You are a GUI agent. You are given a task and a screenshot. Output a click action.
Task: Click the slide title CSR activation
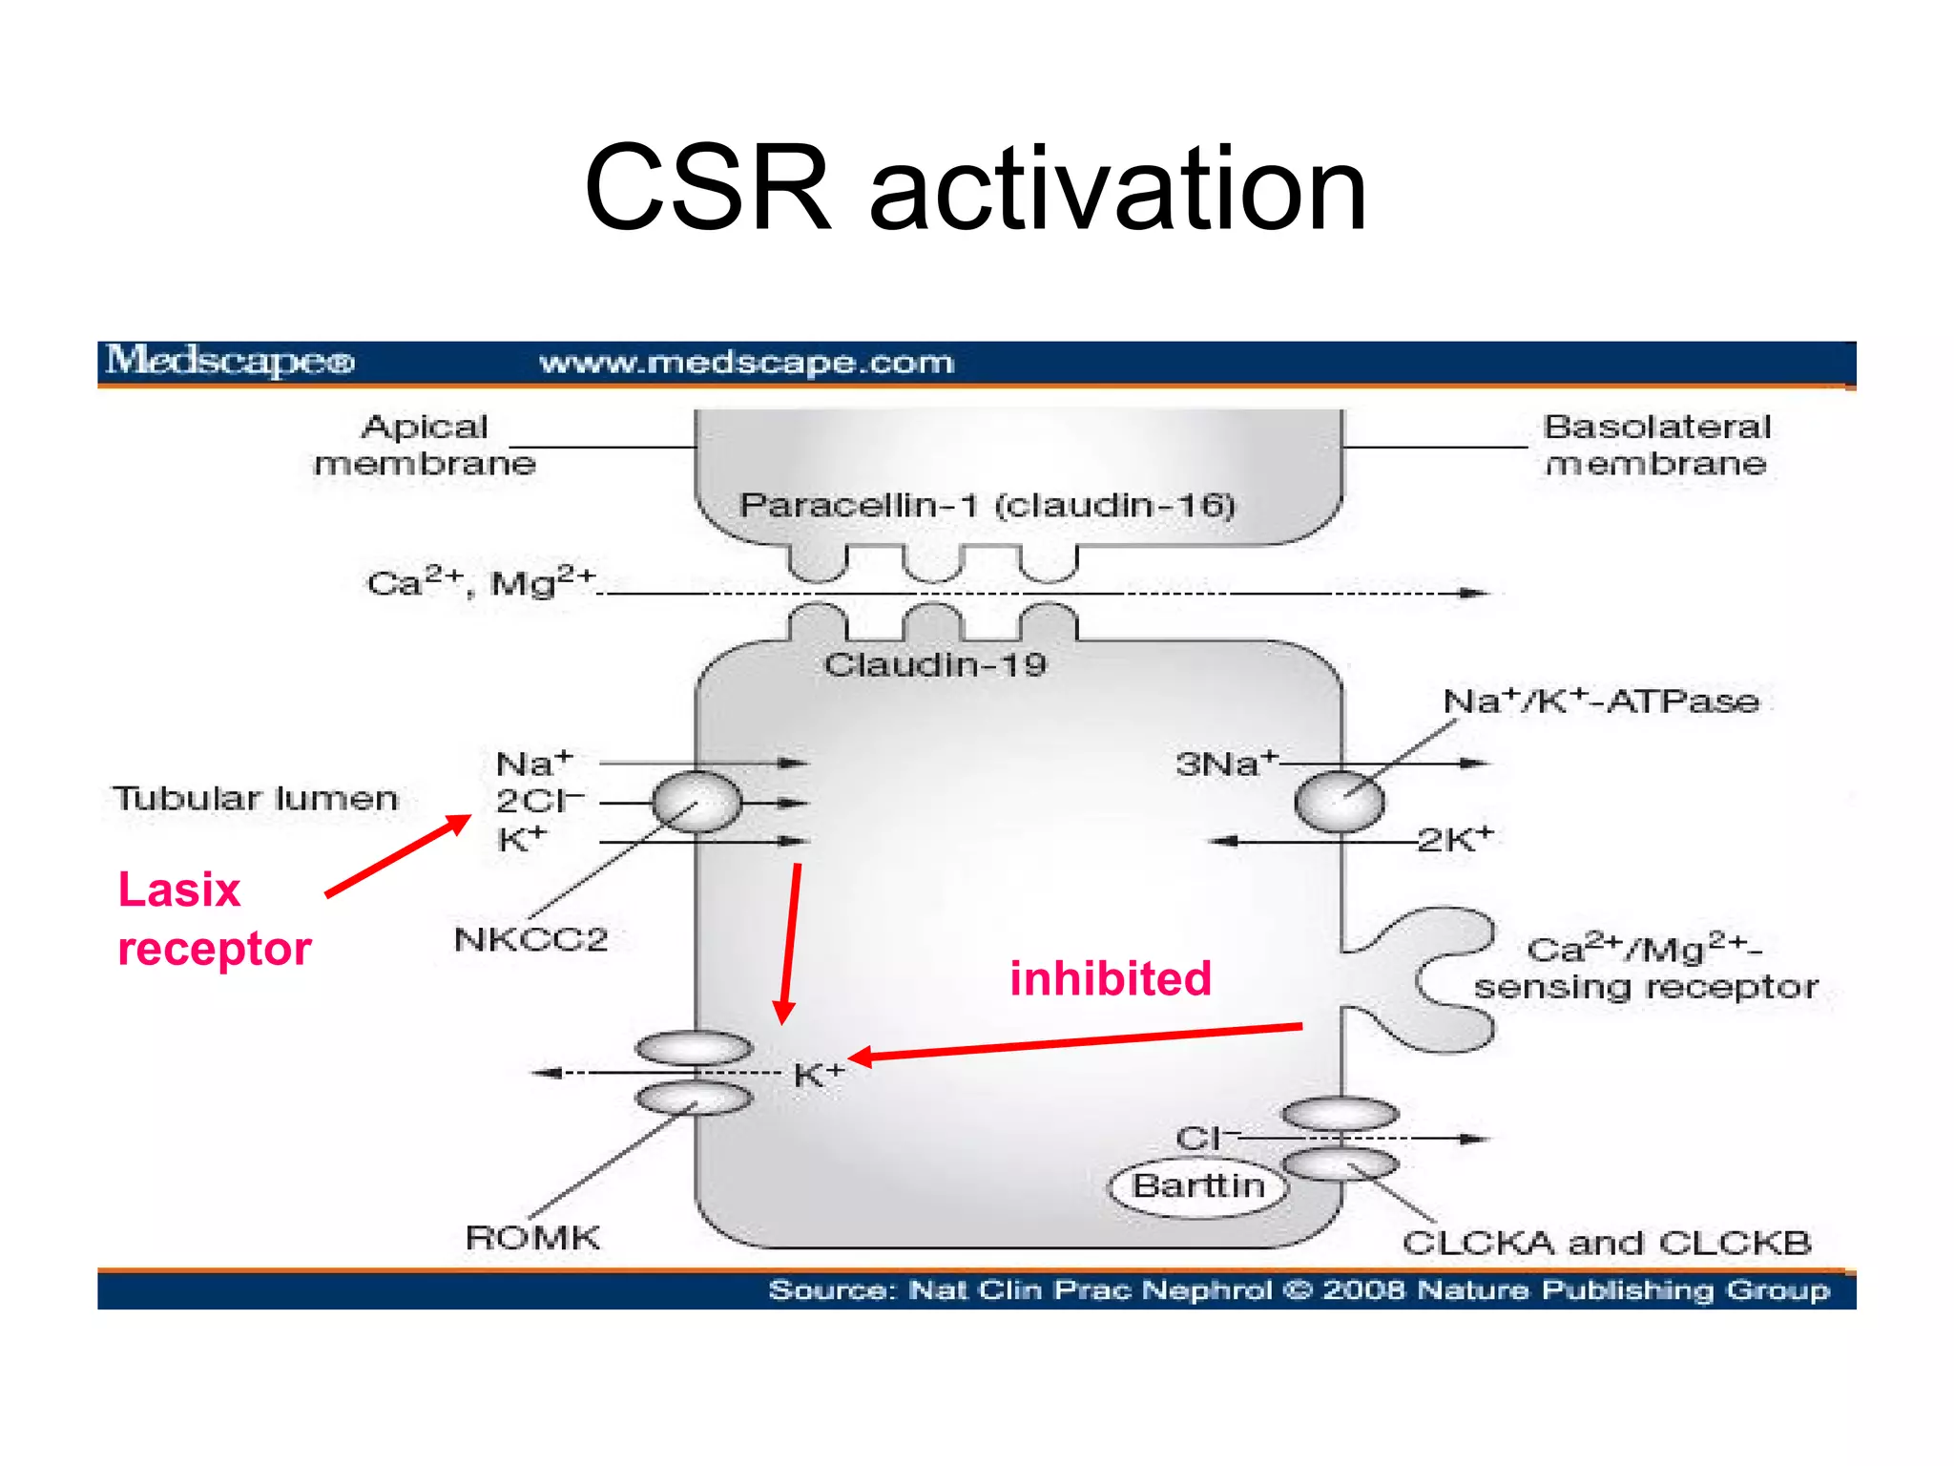point(975,188)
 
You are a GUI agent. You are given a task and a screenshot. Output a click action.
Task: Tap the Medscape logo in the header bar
point(230,362)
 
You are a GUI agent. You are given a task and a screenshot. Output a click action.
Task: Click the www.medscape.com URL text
point(746,363)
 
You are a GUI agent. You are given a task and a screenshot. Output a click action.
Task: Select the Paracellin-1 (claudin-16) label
point(987,505)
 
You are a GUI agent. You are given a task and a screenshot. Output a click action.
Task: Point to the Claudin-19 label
point(935,664)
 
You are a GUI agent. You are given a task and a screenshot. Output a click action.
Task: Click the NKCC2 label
point(530,939)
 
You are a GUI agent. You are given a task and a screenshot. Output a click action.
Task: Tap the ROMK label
point(532,1237)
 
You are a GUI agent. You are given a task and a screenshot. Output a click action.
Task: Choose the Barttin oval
point(1198,1186)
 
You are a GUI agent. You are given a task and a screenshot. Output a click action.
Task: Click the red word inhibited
point(1111,978)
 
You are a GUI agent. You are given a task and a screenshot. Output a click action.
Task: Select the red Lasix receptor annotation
point(214,918)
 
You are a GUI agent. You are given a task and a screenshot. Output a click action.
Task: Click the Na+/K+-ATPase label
point(1601,702)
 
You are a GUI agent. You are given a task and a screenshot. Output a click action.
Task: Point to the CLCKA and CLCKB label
point(1606,1243)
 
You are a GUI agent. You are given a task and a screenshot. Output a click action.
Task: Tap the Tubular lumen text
point(256,798)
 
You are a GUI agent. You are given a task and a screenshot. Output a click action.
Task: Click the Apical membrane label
point(425,445)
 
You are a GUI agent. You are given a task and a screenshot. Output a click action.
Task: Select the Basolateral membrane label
point(1656,445)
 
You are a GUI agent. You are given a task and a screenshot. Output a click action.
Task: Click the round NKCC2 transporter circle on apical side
point(696,803)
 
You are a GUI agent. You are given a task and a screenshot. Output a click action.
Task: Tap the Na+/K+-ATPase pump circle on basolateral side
point(1339,803)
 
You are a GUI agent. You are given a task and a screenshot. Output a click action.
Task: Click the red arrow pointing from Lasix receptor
point(399,855)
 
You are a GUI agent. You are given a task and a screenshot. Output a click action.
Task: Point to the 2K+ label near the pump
point(1454,839)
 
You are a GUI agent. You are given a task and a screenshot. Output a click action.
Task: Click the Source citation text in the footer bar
point(1299,1290)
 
